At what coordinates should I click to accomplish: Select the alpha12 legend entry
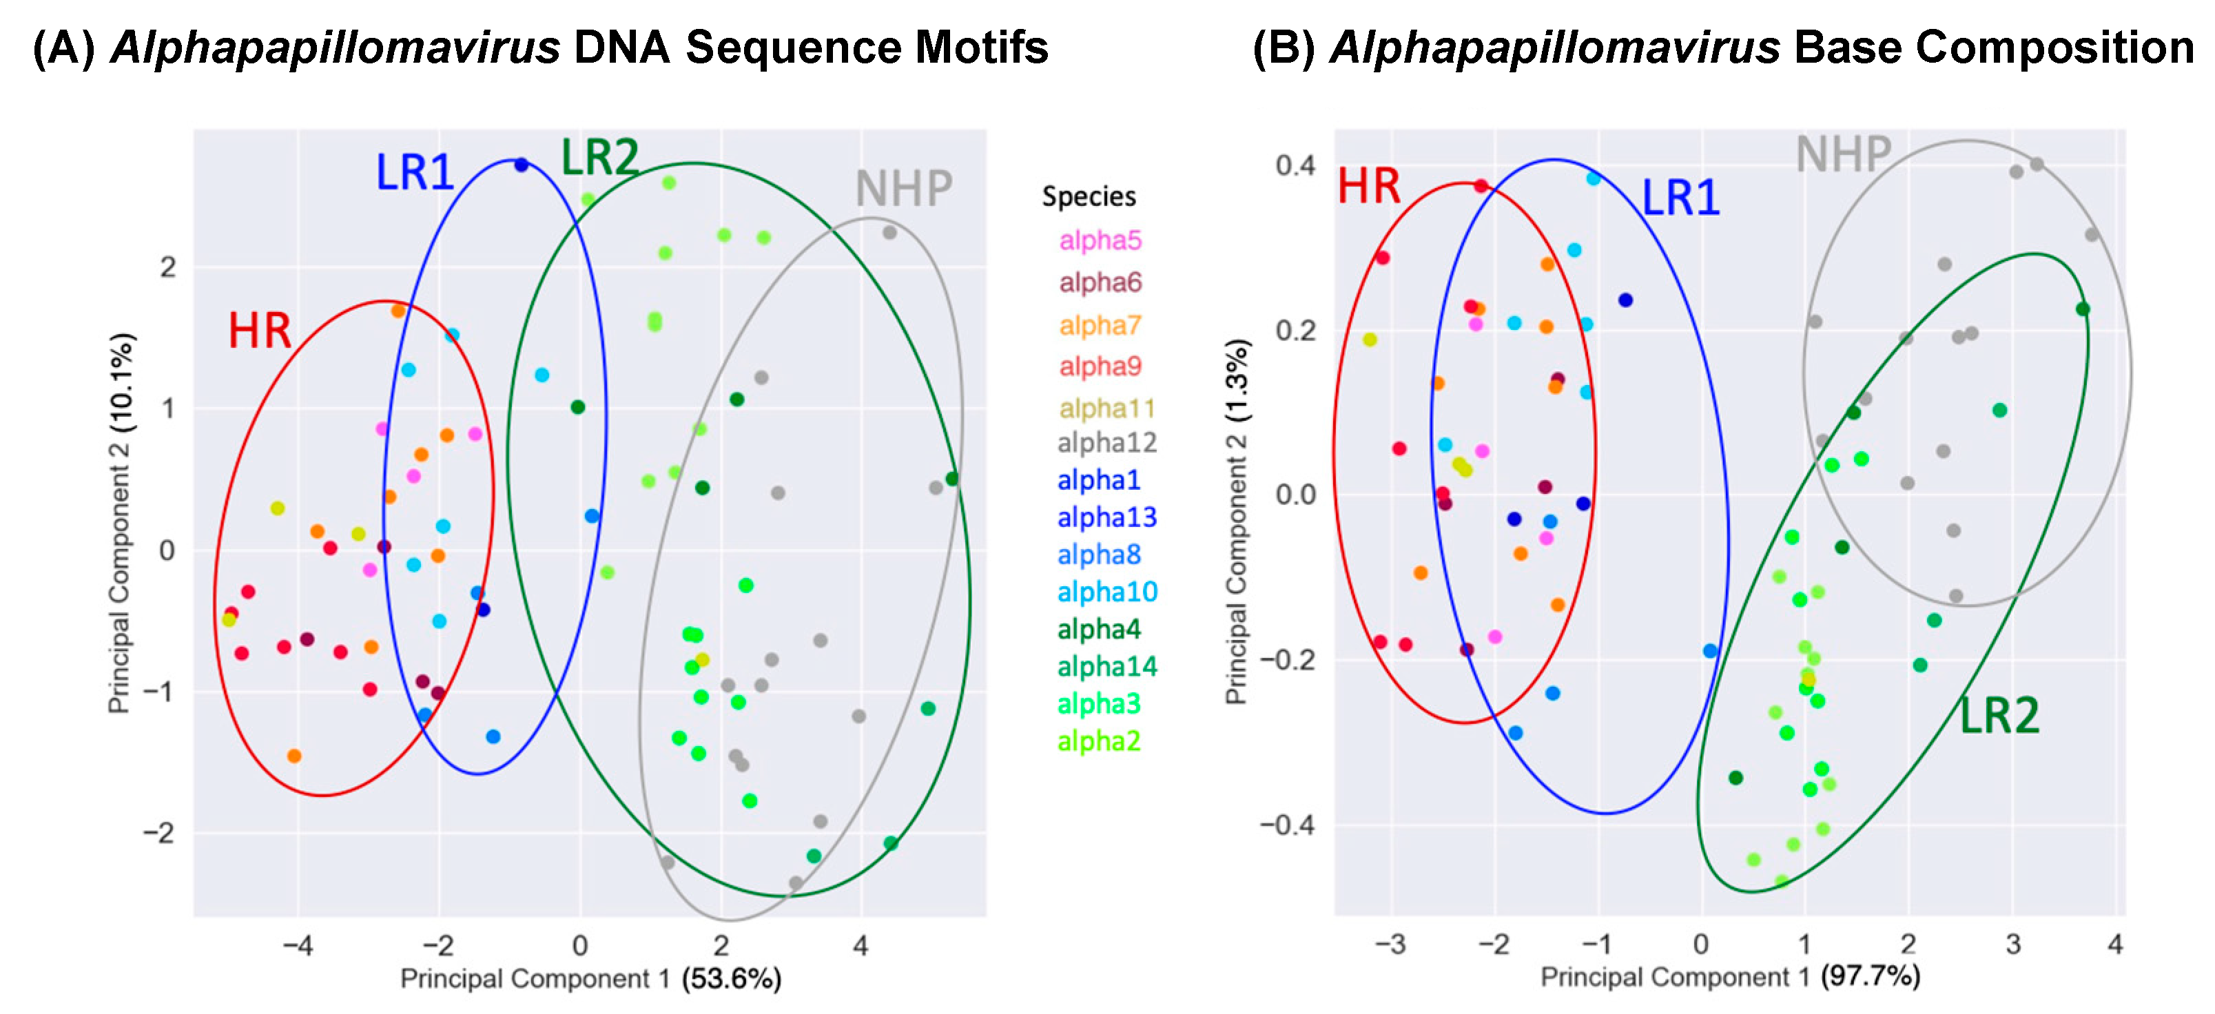(1106, 443)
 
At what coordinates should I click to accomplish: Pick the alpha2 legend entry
(1099, 741)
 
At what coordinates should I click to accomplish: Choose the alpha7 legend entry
(1100, 325)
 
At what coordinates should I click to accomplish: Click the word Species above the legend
(1089, 196)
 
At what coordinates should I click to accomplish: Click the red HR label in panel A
(260, 331)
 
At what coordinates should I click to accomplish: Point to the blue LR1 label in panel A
(415, 172)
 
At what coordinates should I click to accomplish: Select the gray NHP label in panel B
(1843, 155)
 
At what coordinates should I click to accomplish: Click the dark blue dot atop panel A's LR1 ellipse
(521, 164)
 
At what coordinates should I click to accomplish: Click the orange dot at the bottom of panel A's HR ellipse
(294, 756)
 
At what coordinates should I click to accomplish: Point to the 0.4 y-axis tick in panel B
(1296, 165)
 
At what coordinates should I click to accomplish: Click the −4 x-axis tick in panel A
(298, 946)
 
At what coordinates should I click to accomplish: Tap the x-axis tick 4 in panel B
(2115, 944)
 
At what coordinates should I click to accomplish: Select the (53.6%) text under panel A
(731, 979)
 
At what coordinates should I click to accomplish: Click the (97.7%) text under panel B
(1871, 977)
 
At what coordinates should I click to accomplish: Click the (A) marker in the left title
(63, 48)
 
